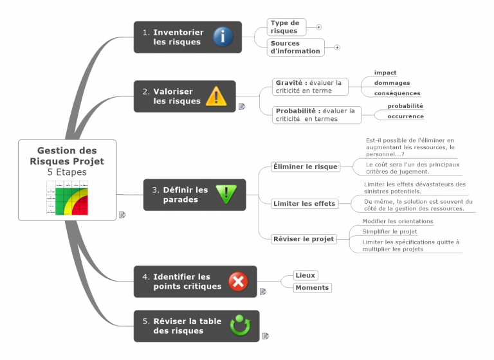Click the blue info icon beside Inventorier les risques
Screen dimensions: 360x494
tap(223, 37)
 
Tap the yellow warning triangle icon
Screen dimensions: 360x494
tap(216, 96)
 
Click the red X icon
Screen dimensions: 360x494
tap(238, 282)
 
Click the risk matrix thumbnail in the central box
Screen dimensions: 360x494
tap(67, 197)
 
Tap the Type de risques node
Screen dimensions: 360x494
tap(286, 27)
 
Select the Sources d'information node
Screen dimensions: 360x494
tap(295, 47)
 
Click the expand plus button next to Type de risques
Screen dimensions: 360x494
tap(318, 27)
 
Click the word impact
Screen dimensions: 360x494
tap(385, 73)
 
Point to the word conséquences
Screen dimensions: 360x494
tap(397, 93)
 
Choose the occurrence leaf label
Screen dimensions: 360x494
tap(405, 116)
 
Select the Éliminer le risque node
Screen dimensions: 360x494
tap(305, 166)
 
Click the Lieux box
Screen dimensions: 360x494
tap(305, 275)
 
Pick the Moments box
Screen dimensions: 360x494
tap(312, 287)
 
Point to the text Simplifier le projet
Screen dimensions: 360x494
tap(389, 231)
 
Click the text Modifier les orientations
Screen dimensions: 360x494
tap(398, 221)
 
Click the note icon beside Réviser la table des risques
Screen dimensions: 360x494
tap(266, 336)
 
